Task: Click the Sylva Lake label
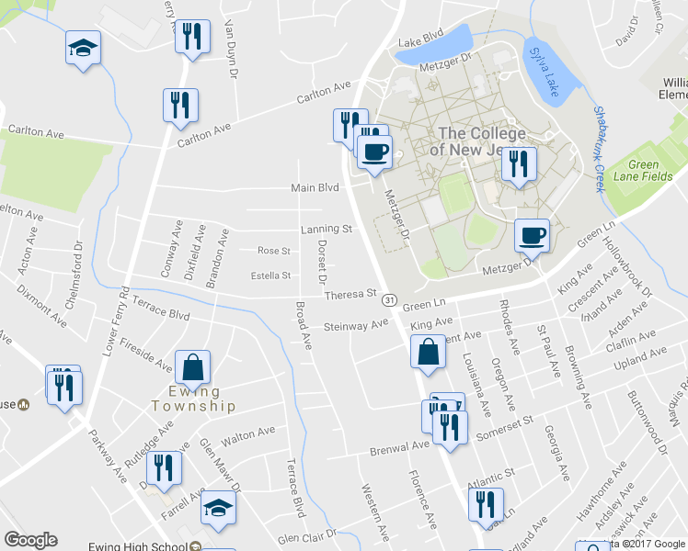click(545, 74)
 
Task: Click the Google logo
click(30, 540)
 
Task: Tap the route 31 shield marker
click(390, 300)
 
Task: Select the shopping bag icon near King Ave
click(429, 353)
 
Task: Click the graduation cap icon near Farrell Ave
click(218, 506)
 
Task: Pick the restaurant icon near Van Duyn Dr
click(191, 37)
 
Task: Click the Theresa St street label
click(352, 296)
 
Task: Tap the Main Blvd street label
click(315, 188)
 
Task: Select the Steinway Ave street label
click(357, 326)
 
